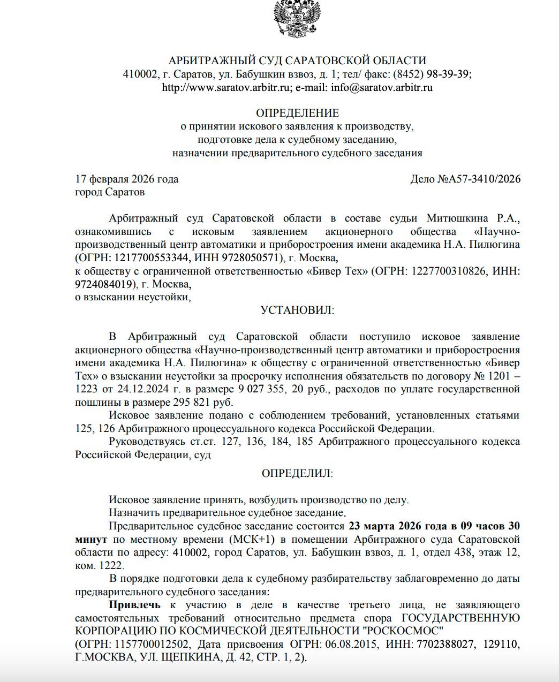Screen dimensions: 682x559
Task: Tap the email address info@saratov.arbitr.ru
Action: [381, 87]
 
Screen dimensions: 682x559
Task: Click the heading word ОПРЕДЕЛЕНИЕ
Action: [297, 113]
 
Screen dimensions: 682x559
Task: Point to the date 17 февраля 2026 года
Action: [127, 179]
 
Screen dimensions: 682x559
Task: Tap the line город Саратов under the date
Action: [110, 192]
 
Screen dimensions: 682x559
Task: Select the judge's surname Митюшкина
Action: [457, 218]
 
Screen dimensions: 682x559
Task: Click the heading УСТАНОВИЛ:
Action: [297, 310]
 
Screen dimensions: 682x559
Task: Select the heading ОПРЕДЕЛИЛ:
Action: [297, 473]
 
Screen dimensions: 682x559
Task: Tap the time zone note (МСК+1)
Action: [238, 539]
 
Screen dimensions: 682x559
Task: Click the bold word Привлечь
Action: [134, 604]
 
